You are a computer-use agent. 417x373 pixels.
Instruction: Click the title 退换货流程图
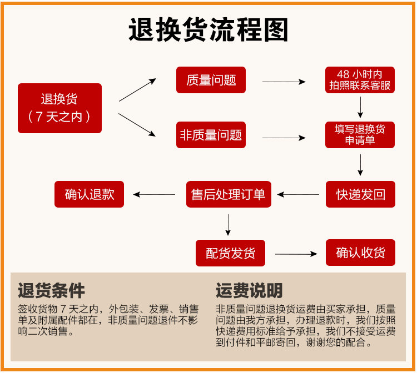tap(209, 31)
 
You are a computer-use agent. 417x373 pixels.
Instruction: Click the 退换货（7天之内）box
tap(59, 108)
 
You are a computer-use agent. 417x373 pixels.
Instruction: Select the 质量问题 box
tap(211, 80)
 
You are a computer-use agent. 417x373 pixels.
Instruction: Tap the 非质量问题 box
tap(211, 135)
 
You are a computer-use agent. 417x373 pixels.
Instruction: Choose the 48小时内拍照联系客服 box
tap(360, 80)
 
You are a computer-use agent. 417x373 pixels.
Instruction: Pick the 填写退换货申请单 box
tap(360, 135)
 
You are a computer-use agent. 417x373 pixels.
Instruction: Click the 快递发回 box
tap(360, 194)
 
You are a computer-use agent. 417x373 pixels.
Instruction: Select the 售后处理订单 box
tap(228, 194)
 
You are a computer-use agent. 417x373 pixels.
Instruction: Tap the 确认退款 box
tap(89, 194)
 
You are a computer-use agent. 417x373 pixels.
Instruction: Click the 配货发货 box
tap(230, 253)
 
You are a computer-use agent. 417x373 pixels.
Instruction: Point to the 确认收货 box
tap(360, 253)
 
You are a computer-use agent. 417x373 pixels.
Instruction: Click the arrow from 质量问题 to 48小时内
tap(284, 82)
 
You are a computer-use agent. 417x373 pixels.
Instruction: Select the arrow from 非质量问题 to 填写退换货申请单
tap(284, 137)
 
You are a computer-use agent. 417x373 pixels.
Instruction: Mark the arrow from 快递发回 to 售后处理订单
tap(299, 194)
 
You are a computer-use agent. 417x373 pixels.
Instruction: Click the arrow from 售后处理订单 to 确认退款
tap(155, 194)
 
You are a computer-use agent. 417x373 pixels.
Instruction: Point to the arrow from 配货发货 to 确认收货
tap(296, 254)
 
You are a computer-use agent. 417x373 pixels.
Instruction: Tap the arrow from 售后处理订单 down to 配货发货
tap(229, 223)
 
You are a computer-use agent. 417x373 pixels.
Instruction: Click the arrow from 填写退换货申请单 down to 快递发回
tap(360, 165)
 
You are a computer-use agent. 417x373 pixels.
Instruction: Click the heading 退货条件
tap(51, 290)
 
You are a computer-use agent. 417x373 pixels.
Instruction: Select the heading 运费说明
tap(249, 290)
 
